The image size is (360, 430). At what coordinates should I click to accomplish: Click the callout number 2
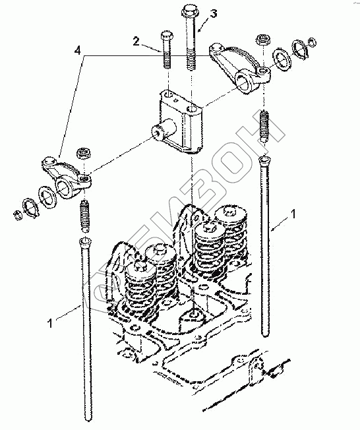(136, 42)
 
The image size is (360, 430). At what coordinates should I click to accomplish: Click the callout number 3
(214, 13)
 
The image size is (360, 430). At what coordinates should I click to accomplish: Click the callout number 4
(78, 51)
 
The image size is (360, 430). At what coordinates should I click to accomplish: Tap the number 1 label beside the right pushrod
(293, 214)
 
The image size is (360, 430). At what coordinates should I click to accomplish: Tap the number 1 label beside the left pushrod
(49, 323)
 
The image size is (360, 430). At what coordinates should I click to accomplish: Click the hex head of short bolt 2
(166, 36)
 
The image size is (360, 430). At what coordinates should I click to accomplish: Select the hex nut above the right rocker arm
(264, 40)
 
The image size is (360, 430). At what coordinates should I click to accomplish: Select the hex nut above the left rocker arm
(83, 153)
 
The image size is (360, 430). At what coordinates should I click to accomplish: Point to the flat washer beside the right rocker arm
(282, 60)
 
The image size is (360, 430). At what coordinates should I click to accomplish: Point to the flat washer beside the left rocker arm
(47, 195)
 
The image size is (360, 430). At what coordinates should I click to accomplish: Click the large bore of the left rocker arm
(63, 189)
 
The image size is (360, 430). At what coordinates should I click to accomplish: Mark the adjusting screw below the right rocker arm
(264, 126)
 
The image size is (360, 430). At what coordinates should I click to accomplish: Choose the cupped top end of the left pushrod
(85, 241)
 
